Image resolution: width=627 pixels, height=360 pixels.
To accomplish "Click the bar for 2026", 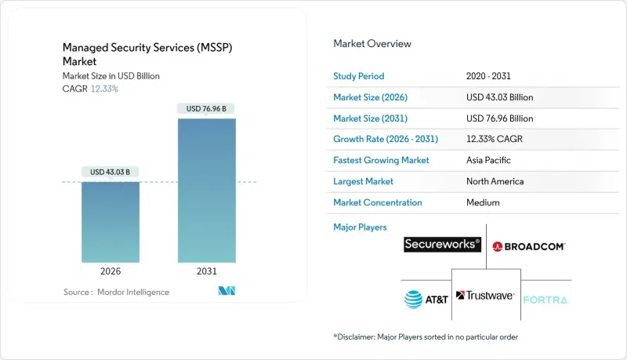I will coord(111,223).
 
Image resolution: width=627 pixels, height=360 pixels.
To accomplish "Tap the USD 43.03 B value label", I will coord(111,172).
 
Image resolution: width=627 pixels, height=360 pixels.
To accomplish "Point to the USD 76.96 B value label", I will coord(206,108).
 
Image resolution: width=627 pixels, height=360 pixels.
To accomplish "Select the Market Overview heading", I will coord(372,43).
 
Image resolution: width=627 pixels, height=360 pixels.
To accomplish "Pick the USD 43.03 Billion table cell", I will coord(498,96).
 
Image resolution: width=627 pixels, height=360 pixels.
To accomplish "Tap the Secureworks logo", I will coord(442,245).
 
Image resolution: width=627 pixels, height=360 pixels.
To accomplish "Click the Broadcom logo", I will coord(529,245).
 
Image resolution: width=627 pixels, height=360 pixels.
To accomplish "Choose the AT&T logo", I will coord(426,298).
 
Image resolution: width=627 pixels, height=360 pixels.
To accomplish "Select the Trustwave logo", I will coord(485,296).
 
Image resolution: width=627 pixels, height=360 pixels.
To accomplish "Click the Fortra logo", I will coord(545,299).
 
